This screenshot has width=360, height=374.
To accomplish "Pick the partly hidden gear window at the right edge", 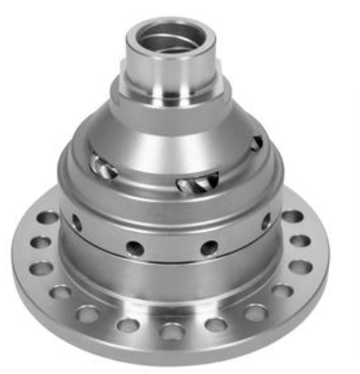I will [x=256, y=142].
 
